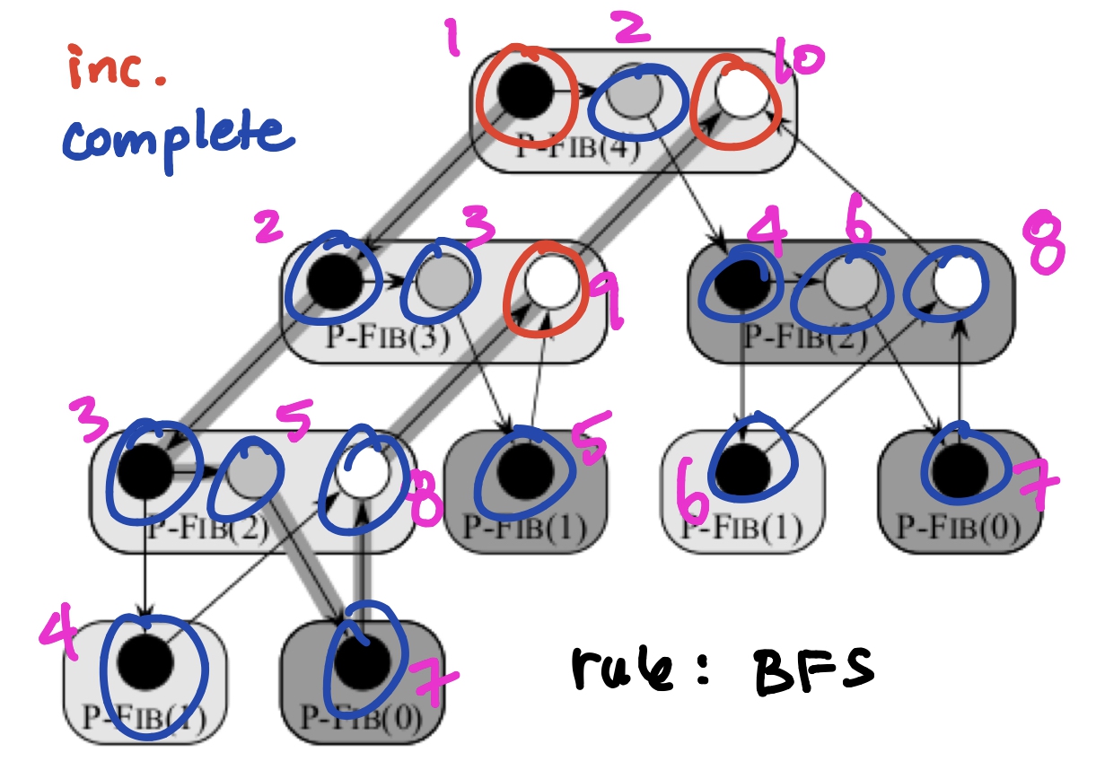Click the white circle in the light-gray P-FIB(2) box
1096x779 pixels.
coord(362,469)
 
